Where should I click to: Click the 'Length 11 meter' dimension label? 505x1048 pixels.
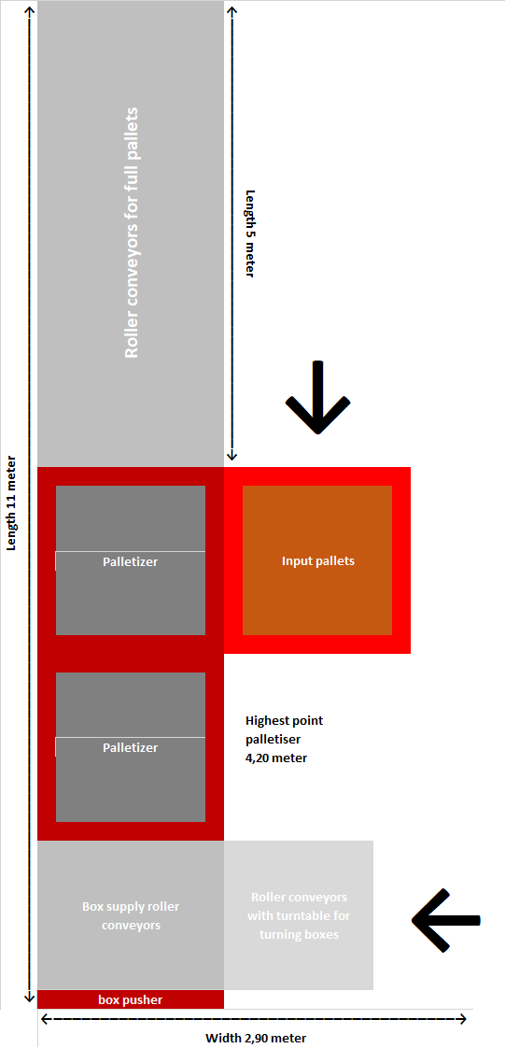click(11, 503)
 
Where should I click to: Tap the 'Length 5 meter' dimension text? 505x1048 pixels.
click(250, 234)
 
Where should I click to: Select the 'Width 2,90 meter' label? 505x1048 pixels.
click(255, 1038)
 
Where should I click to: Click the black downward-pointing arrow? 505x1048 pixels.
click(318, 398)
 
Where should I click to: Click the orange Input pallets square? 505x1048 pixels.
click(317, 560)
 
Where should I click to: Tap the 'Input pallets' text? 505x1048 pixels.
click(317, 560)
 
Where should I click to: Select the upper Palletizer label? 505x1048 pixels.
click(131, 561)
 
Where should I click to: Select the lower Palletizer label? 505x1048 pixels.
click(131, 747)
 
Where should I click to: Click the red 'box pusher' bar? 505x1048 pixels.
click(131, 999)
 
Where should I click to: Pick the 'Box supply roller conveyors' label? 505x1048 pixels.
click(131, 915)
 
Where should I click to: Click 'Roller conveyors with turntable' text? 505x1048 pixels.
click(299, 906)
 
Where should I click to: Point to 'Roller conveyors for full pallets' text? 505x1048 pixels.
click(132, 232)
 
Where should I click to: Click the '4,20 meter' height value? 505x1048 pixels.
click(276, 758)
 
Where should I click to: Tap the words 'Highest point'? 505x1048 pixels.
click(285, 721)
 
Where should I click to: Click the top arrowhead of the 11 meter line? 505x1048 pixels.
click(29, 9)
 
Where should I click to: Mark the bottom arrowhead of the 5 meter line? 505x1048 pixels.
click(231, 457)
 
